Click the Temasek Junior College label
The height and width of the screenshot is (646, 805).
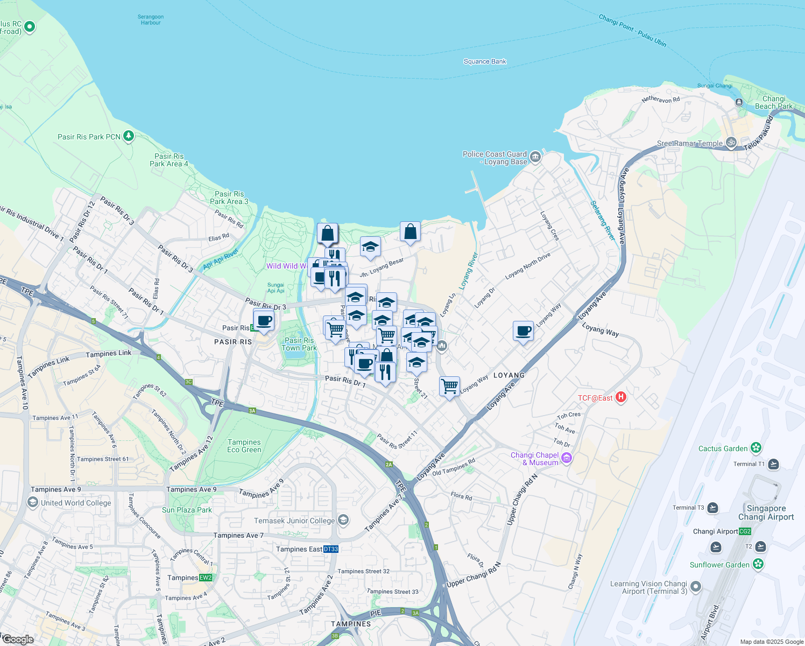pyautogui.click(x=294, y=521)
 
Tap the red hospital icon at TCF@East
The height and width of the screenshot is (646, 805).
pyautogui.click(x=620, y=397)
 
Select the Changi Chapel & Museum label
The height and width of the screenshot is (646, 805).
pyautogui.click(x=534, y=459)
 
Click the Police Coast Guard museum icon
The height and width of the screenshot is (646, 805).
pyautogui.click(x=535, y=157)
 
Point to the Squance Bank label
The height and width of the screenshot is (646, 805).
pyautogui.click(x=485, y=61)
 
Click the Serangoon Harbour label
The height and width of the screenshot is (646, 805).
pyautogui.click(x=151, y=20)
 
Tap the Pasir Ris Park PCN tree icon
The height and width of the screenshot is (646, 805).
pyautogui.click(x=128, y=136)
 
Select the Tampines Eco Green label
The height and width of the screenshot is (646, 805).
pyautogui.click(x=244, y=446)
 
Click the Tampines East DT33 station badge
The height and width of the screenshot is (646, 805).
pyautogui.click(x=331, y=549)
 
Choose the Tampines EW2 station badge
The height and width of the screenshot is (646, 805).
pyautogui.click(x=206, y=578)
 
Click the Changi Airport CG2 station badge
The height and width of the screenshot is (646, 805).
pyautogui.click(x=745, y=531)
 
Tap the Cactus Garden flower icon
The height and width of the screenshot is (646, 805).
pyautogui.click(x=756, y=448)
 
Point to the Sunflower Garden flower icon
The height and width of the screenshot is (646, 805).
pyautogui.click(x=758, y=564)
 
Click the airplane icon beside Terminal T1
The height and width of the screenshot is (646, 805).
pyautogui.click(x=773, y=464)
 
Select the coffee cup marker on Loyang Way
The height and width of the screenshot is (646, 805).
pyautogui.click(x=523, y=332)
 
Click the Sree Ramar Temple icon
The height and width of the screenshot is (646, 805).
pyautogui.click(x=731, y=143)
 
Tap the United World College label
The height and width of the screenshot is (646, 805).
pyautogui.click(x=76, y=503)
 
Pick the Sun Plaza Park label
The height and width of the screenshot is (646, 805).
pyautogui.click(x=187, y=510)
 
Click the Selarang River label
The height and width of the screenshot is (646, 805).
pyautogui.click(x=602, y=221)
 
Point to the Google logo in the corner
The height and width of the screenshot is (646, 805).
pyautogui.click(x=18, y=639)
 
